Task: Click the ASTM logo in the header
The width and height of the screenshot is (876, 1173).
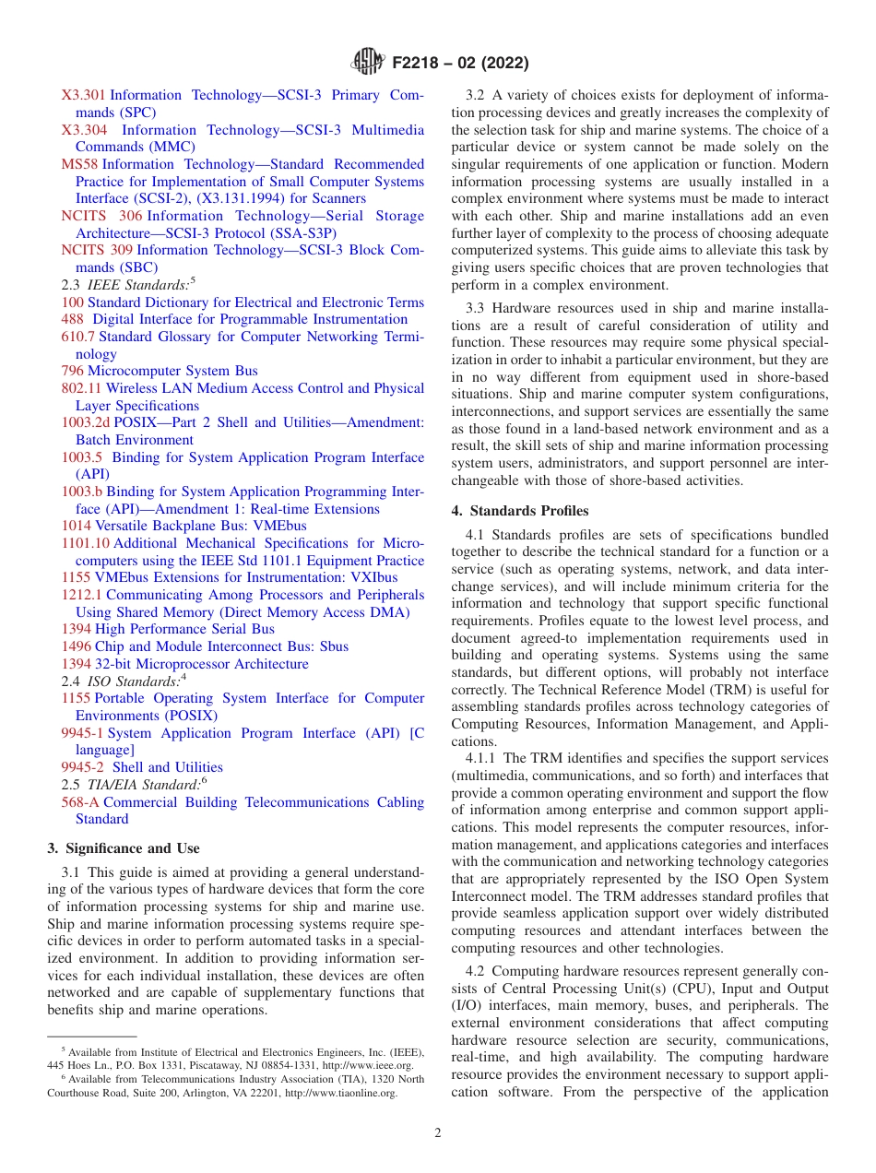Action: pyautogui.click(x=370, y=64)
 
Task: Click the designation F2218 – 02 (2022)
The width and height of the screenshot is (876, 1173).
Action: pyautogui.click(x=460, y=64)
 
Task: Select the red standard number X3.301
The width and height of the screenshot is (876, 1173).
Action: pyautogui.click(x=84, y=95)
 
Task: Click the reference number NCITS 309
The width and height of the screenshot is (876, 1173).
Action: pyautogui.click(x=97, y=250)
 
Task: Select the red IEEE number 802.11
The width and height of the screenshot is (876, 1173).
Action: pyautogui.click(x=81, y=388)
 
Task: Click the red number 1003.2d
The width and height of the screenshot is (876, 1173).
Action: pyautogui.click(x=85, y=422)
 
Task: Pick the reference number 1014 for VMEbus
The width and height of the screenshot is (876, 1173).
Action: pyautogui.click(x=76, y=526)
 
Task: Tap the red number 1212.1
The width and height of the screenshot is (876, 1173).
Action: pyautogui.click(x=81, y=595)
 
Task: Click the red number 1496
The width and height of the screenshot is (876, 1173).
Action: pyautogui.click(x=76, y=646)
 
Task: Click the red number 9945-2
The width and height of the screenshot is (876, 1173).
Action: pyautogui.click(x=82, y=767)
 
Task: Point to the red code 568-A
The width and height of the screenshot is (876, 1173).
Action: pyautogui.click(x=80, y=802)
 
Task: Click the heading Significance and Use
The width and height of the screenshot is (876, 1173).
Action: pyautogui.click(x=123, y=848)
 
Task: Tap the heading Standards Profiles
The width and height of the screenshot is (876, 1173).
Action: pyautogui.click(x=519, y=511)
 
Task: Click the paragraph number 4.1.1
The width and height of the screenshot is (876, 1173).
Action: pyautogui.click(x=483, y=759)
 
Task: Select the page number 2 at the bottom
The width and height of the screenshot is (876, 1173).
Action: pyautogui.click(x=438, y=1133)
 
